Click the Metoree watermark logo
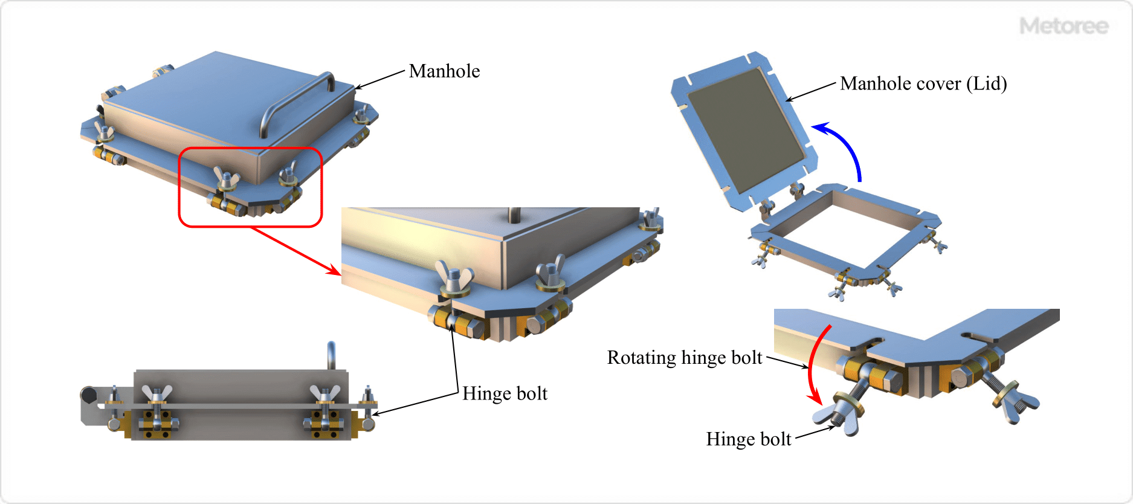pyautogui.click(x=1064, y=26)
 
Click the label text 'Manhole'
pyautogui.click(x=444, y=71)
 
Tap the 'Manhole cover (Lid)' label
pyautogui.click(x=923, y=83)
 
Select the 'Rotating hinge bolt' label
pyautogui.click(x=684, y=358)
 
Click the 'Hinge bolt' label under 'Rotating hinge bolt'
pyautogui.click(x=748, y=439)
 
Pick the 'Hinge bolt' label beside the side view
pyautogui.click(x=505, y=394)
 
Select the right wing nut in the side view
pyautogui.click(x=324, y=395)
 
